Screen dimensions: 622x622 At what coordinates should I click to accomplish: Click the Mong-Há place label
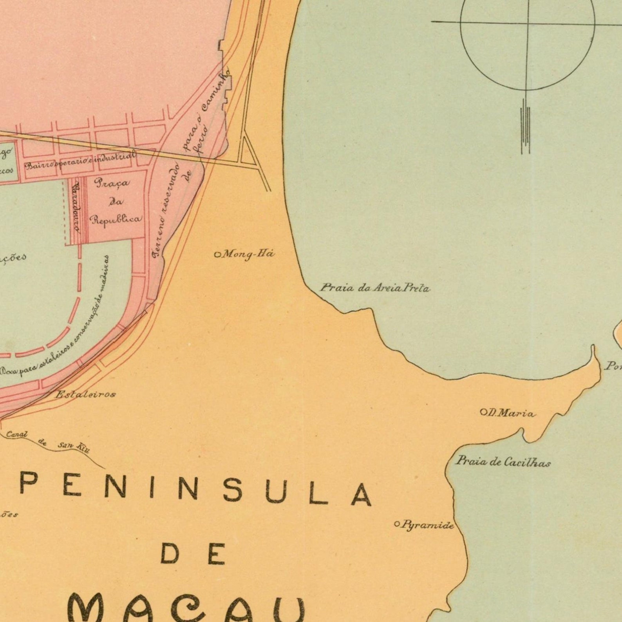(248, 254)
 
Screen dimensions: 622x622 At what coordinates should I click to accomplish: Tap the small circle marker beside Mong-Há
(217, 255)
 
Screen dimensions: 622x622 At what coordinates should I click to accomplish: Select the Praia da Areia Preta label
(375, 288)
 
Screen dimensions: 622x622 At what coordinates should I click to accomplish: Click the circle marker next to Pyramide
(397, 524)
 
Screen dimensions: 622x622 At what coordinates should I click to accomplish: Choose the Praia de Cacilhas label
(503, 462)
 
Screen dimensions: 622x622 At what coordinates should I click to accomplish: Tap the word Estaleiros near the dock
(85, 394)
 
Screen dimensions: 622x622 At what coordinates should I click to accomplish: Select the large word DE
(193, 554)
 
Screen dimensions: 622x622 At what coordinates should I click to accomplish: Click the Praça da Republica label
(115, 201)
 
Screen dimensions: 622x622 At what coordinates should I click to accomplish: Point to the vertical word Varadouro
(76, 209)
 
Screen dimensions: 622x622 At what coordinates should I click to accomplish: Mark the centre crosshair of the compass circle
(527, 22)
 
